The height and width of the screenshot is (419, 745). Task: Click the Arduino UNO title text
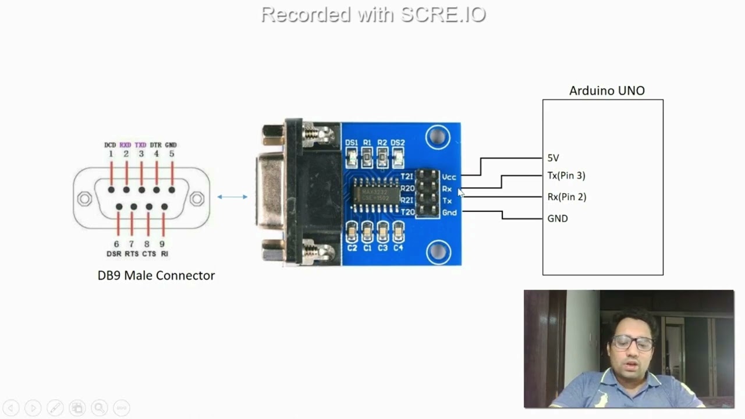[x=606, y=91]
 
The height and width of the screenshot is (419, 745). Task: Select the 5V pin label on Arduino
[x=553, y=158]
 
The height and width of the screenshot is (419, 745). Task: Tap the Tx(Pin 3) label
[x=566, y=175]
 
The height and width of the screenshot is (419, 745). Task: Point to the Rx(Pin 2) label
[x=566, y=197]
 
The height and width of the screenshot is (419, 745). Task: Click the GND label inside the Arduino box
[x=557, y=218]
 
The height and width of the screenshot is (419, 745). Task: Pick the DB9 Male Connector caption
[x=156, y=275]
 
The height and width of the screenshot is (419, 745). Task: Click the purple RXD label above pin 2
[x=125, y=145]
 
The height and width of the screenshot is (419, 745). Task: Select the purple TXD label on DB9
[x=140, y=145]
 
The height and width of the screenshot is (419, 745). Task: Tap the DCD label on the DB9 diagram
[x=110, y=145]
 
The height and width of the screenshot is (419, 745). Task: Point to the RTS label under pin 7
[x=132, y=254]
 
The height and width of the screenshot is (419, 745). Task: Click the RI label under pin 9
[x=164, y=254]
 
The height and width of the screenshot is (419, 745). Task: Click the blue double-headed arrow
[x=232, y=197]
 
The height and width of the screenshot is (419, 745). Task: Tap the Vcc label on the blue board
[x=449, y=177]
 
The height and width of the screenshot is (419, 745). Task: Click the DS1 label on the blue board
[x=351, y=143]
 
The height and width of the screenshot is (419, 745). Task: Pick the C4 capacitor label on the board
[x=398, y=248]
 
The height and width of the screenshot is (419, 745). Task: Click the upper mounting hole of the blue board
[x=437, y=137]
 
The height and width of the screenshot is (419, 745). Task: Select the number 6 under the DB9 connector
[x=116, y=244]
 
